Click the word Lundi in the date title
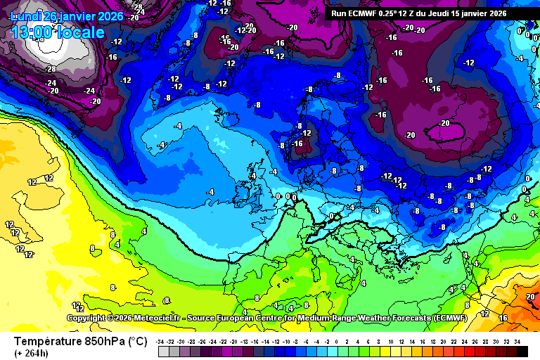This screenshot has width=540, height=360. pyautogui.click(x=26, y=16)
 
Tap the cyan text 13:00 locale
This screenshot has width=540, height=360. pyautogui.click(x=58, y=32)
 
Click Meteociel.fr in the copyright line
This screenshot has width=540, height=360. pyautogui.click(x=145, y=319)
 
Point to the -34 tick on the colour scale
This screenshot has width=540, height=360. pyautogui.click(x=161, y=341)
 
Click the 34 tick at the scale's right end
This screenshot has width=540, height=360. pyautogui.click(x=517, y=341)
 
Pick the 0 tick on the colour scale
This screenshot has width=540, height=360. pyautogui.click(x=336, y=341)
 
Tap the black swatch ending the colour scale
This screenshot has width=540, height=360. pyautogui.click(x=522, y=350)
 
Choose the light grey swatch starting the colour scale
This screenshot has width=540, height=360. pyautogui.click(x=164, y=350)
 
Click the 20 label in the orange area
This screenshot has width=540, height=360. pyautogui.click(x=529, y=297)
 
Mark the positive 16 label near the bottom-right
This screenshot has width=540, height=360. pyautogui.click(x=503, y=318)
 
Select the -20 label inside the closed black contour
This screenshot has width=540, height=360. pyautogui.click(x=444, y=123)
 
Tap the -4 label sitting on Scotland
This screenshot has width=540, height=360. pyautogui.click(x=252, y=175)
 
